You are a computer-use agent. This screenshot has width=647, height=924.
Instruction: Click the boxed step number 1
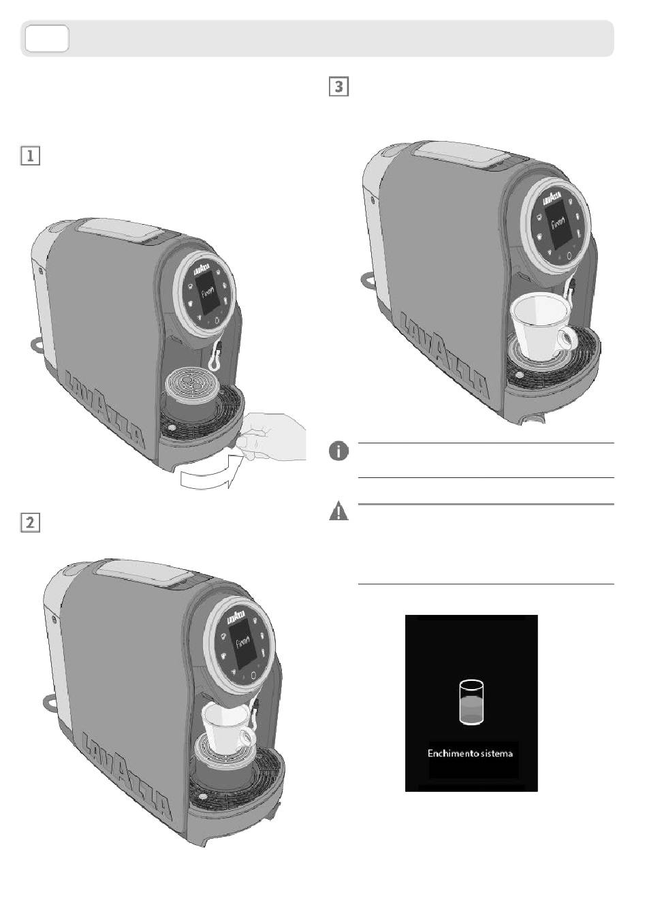click(x=30, y=156)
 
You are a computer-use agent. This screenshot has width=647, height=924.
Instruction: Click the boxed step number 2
click(x=30, y=523)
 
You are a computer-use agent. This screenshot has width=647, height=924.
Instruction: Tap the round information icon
click(x=338, y=451)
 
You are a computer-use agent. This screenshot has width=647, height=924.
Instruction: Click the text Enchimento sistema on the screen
click(x=470, y=754)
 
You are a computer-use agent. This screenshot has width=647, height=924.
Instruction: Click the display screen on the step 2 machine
click(x=243, y=643)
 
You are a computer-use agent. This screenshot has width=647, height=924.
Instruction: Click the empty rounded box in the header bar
click(x=47, y=38)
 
